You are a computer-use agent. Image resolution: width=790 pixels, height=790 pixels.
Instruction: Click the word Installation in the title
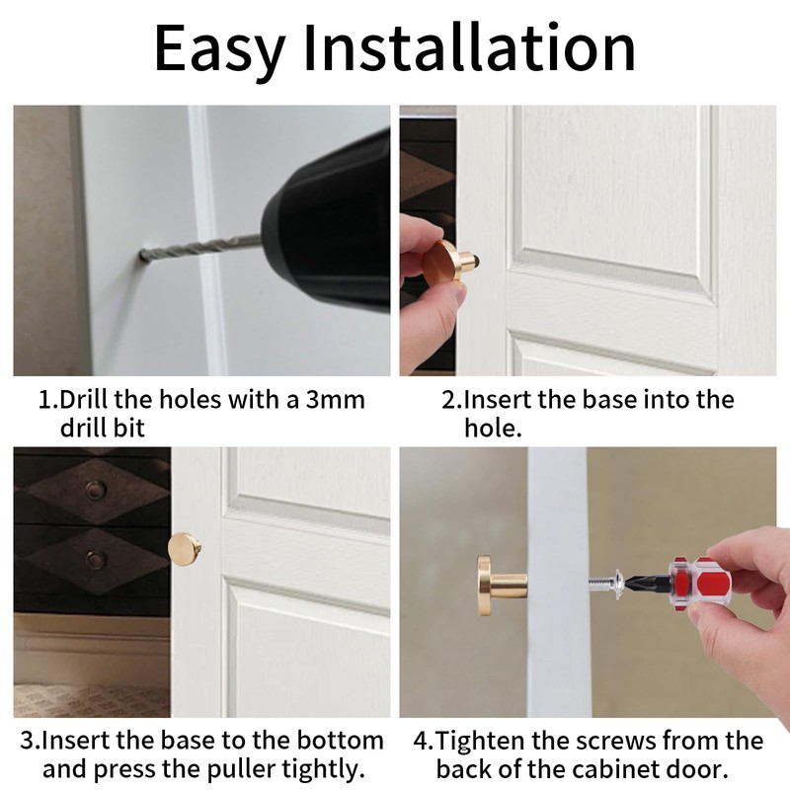[x=469, y=46]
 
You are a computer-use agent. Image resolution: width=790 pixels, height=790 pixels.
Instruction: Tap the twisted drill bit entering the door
[x=200, y=247]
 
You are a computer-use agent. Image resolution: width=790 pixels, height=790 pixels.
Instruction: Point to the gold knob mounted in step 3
[x=185, y=549]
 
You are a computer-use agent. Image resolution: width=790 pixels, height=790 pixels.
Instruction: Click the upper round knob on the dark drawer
[x=95, y=490]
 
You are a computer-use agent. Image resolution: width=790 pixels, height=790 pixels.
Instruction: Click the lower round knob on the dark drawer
[x=95, y=559]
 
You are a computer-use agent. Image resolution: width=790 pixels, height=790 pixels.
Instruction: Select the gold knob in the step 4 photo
[x=502, y=586]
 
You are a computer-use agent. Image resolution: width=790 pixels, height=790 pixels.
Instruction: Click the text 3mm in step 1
[x=335, y=400]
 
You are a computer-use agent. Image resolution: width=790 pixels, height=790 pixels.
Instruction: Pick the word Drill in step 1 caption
[x=84, y=400]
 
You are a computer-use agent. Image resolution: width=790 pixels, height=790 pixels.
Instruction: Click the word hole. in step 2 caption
[x=493, y=428]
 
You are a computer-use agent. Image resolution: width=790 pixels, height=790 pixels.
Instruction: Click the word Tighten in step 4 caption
[x=481, y=742]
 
